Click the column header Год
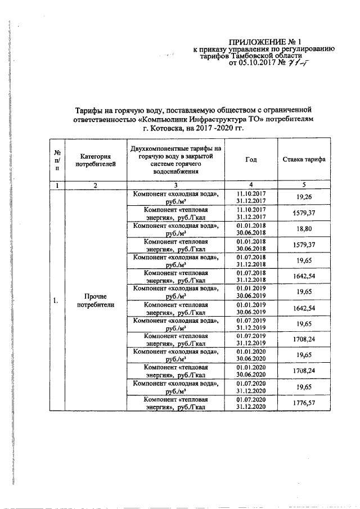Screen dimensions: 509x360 251,160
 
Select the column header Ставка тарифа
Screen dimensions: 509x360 304,160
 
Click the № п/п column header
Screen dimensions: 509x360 57,160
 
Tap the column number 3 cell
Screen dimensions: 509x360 176,185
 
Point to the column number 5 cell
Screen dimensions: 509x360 304,185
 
